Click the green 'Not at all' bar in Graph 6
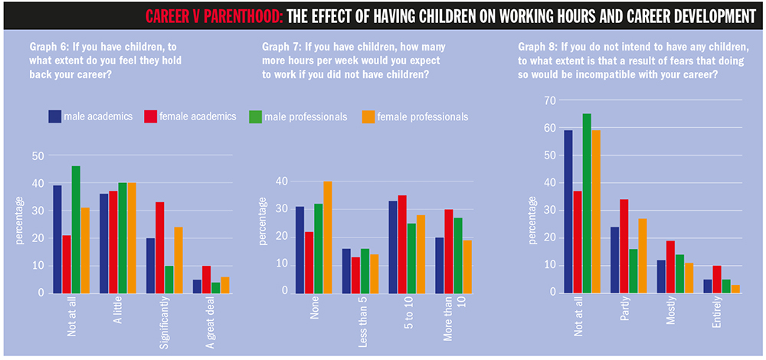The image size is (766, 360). tap(76, 229)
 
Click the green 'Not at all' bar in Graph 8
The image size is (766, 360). tap(586, 204)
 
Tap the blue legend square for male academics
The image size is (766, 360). tap(55, 116)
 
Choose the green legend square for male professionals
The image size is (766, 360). tap(254, 116)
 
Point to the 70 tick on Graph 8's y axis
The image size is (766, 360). tap(549, 100)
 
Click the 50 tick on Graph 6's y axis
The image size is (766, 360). tap(36, 155)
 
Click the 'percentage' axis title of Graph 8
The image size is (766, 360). tap(532, 222)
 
